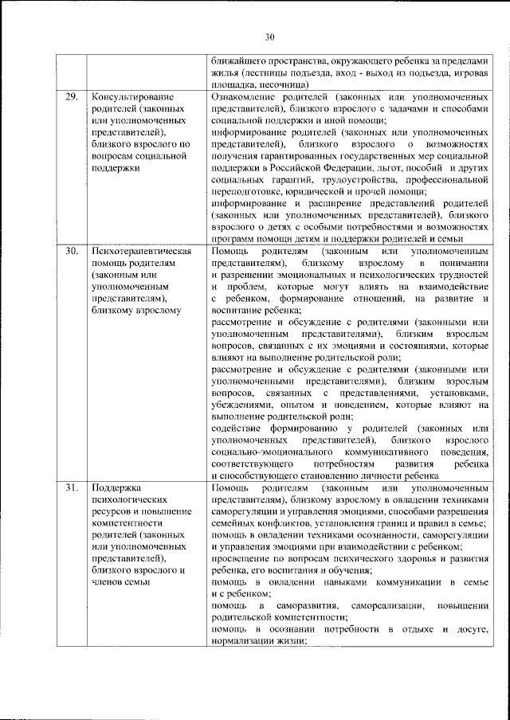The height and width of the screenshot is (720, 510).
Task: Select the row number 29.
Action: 71,97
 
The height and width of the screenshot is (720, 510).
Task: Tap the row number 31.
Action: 71,487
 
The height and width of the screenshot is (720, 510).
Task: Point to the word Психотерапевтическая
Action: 140,252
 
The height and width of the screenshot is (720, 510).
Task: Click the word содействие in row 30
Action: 237,428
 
